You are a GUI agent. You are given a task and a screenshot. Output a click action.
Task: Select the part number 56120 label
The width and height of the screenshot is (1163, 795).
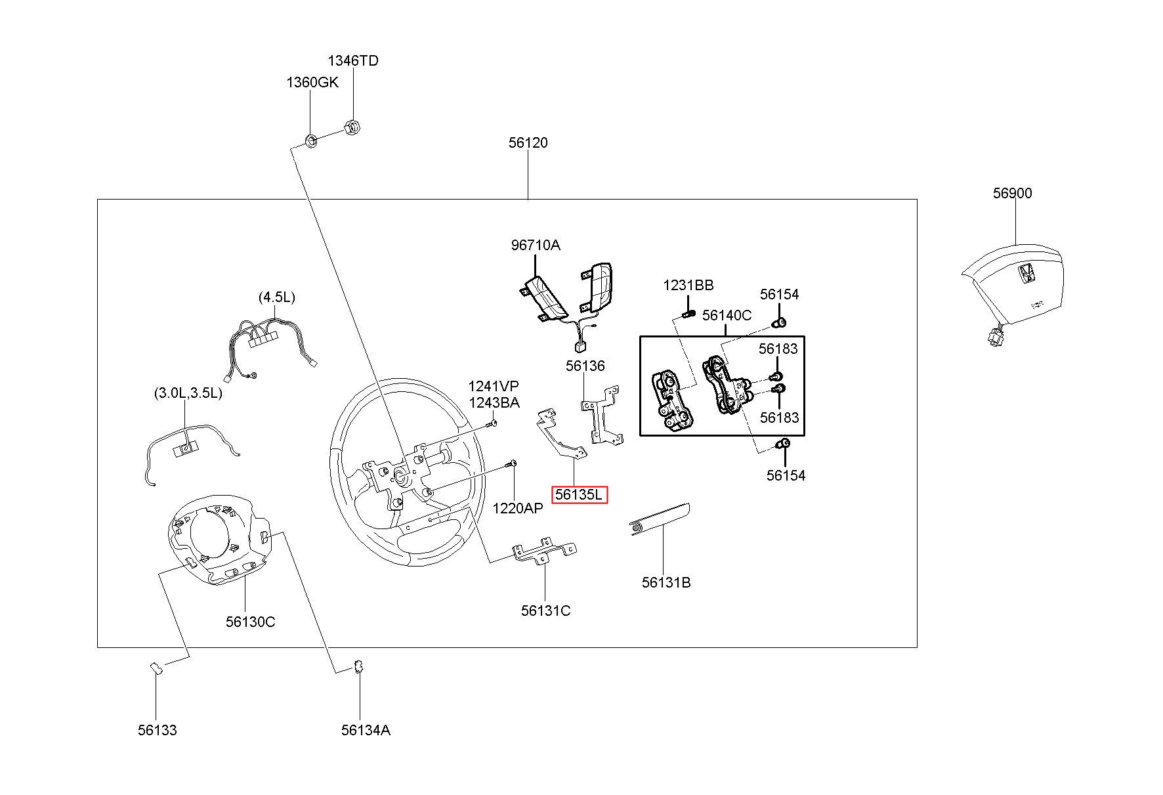click(528, 142)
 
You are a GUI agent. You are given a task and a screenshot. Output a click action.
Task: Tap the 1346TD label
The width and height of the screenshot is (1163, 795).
click(353, 60)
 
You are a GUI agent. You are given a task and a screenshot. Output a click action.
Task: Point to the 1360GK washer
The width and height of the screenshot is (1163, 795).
click(312, 139)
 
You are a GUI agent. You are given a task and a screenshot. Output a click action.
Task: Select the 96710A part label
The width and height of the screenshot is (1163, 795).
click(536, 245)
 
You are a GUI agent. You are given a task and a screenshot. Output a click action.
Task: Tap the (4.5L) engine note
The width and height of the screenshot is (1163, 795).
click(276, 297)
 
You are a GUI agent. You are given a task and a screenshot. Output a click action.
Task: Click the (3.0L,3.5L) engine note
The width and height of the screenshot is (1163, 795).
click(188, 393)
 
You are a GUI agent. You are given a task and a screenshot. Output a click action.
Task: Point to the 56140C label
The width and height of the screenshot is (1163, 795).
click(727, 315)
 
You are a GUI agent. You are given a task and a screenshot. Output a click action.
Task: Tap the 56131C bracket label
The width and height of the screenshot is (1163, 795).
click(545, 611)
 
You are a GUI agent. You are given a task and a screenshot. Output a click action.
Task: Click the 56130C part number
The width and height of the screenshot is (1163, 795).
click(250, 621)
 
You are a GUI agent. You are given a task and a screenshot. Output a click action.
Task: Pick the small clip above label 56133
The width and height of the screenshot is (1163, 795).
click(156, 667)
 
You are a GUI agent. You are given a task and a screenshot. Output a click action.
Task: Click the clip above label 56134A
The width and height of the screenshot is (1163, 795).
click(358, 666)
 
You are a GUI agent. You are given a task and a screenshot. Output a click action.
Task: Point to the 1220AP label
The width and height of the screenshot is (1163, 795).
click(517, 508)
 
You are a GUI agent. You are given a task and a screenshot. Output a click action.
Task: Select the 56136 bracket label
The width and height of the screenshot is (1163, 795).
click(585, 366)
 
